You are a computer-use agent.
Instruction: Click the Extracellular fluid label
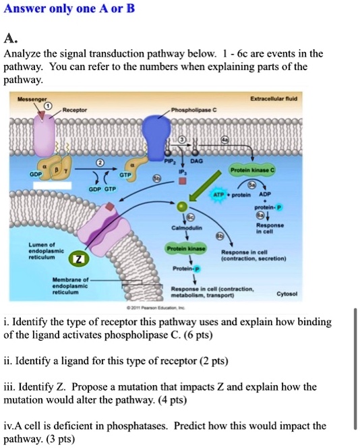pyautogui.click(x=273, y=99)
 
